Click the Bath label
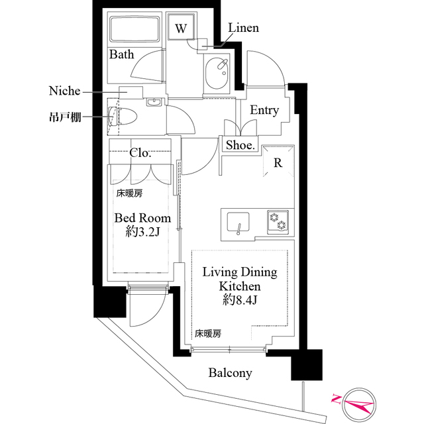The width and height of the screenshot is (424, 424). (x=122, y=54)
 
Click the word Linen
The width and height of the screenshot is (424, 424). (x=243, y=28)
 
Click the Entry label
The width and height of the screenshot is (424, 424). (x=264, y=111)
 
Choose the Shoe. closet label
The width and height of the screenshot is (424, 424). (x=240, y=146)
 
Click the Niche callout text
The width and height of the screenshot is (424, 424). (x=64, y=90)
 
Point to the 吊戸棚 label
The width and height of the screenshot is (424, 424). (x=65, y=117)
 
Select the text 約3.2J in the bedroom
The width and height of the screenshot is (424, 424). (x=142, y=233)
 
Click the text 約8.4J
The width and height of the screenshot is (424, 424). (x=239, y=301)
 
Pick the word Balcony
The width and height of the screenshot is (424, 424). (x=230, y=374)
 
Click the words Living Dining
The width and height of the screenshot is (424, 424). (x=239, y=272)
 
